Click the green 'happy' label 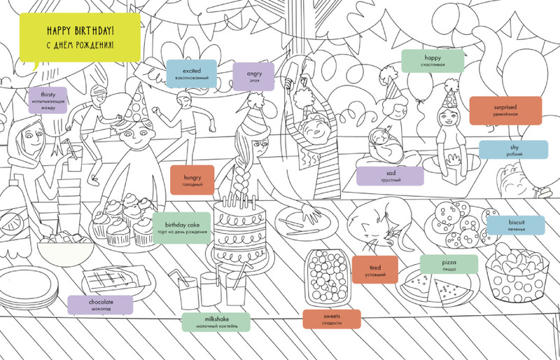[433, 60]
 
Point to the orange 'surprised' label [505, 109]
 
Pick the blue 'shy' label [513, 150]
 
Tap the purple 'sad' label [390, 176]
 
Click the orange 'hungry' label [192, 180]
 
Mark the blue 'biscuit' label [515, 224]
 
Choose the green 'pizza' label [449, 266]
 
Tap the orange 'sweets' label [332, 319]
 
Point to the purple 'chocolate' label [101, 305]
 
